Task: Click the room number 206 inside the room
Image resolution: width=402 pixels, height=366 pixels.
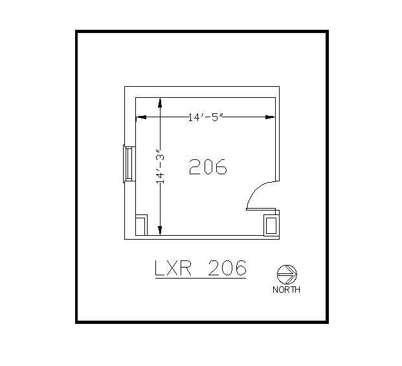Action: coord(208,167)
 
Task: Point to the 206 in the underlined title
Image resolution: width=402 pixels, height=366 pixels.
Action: coord(227,268)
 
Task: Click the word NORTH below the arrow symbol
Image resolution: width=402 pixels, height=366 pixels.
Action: coord(286,290)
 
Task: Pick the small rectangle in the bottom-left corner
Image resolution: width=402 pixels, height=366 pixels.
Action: coord(141,225)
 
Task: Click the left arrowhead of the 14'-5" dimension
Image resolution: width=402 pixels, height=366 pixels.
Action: coord(140,117)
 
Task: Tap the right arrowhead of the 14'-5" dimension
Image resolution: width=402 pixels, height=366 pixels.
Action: coord(272,117)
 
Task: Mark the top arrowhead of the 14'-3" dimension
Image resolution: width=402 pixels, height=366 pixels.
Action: coord(160,102)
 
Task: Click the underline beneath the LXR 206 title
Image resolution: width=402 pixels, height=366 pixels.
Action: coord(201,277)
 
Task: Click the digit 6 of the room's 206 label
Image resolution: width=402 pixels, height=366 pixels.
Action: coord(221,167)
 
